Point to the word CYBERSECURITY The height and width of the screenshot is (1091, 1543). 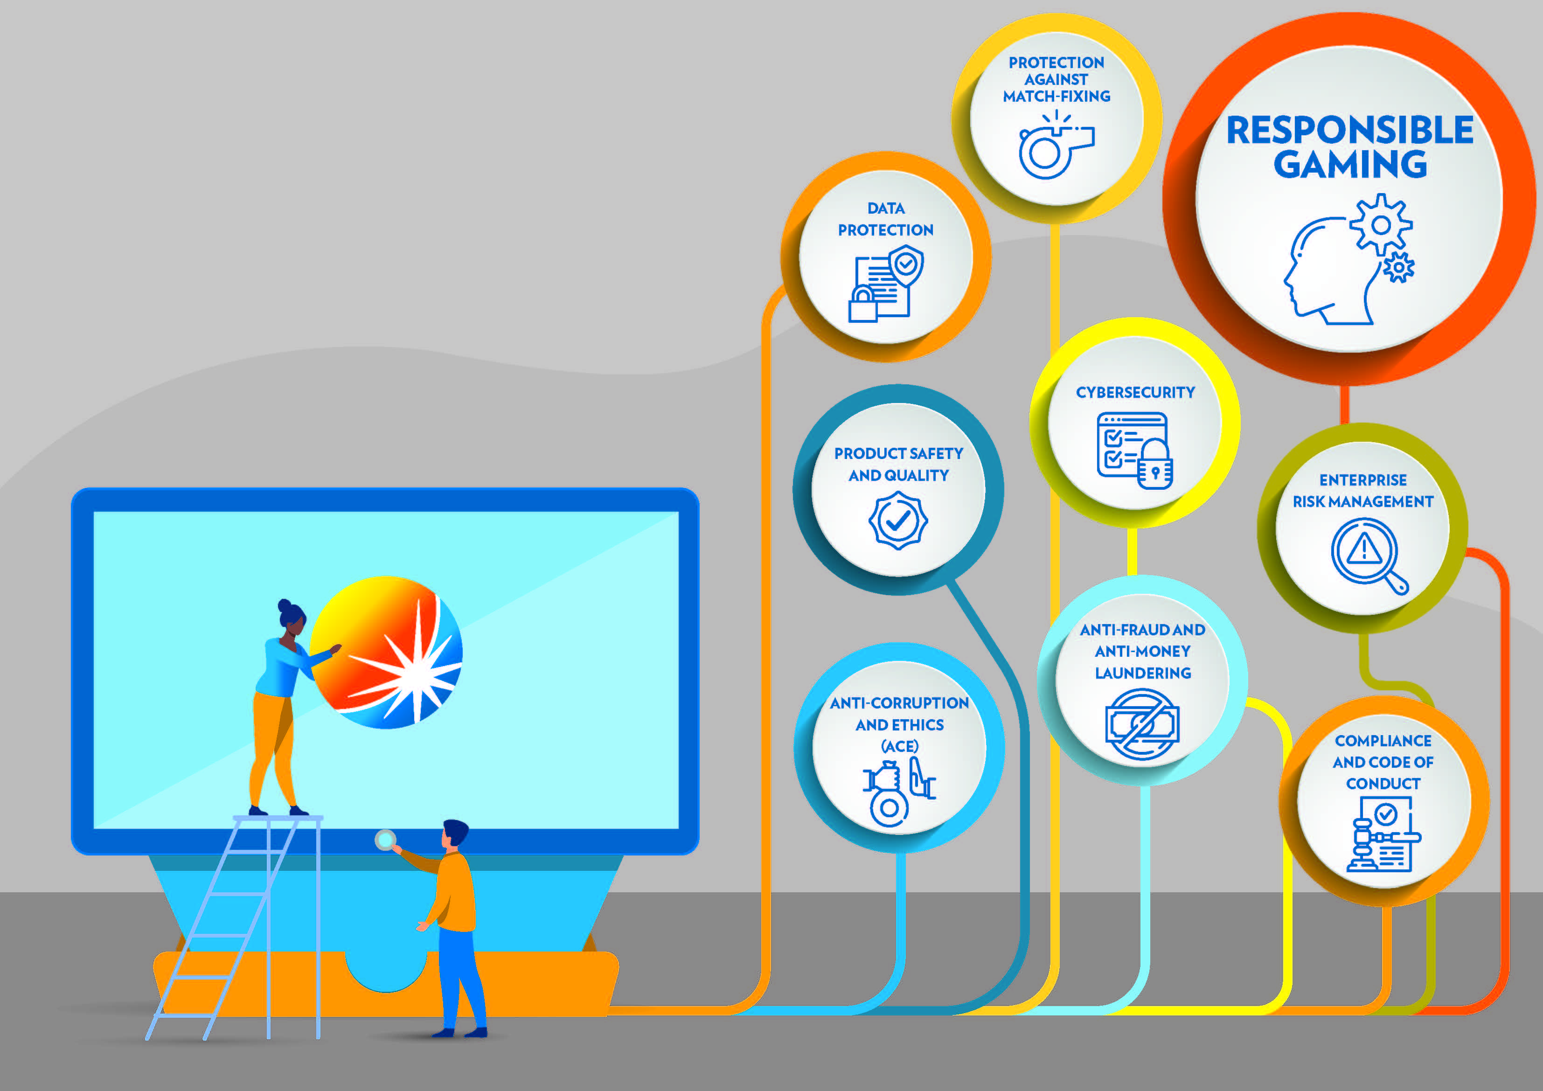pyautogui.click(x=1135, y=393)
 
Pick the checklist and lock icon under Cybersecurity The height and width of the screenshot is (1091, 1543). pyautogui.click(x=1134, y=451)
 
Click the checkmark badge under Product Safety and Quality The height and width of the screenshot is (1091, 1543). pyautogui.click(x=898, y=520)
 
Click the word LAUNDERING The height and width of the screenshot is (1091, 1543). pyautogui.click(x=1142, y=673)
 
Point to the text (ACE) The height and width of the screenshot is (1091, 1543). pyautogui.click(x=899, y=746)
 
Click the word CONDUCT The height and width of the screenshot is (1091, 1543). pyautogui.click(x=1383, y=784)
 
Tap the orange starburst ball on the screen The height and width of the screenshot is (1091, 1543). pyautogui.click(x=386, y=652)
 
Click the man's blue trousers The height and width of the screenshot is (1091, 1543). pyautogui.click(x=460, y=975)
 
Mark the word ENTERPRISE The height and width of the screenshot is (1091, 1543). pyautogui.click(x=1363, y=480)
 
